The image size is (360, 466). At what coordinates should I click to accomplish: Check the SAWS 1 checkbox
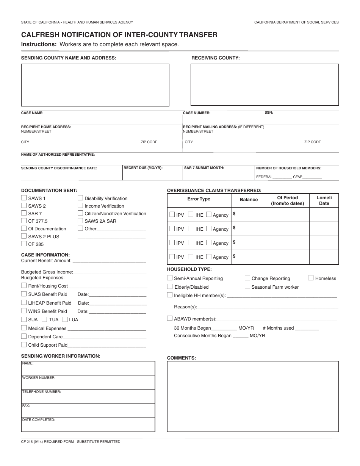click(x=24, y=198)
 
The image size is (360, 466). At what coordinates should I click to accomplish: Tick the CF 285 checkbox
click(x=24, y=244)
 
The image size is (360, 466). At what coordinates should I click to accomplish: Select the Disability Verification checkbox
click(x=80, y=198)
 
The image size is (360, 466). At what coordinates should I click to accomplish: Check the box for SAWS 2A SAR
click(x=80, y=220)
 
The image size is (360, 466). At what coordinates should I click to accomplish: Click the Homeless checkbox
click(x=311, y=278)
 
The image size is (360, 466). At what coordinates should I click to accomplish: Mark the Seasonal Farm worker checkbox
click(x=247, y=286)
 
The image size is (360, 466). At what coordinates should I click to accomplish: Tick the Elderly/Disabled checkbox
click(x=170, y=286)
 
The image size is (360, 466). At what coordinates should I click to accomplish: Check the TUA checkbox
click(x=44, y=319)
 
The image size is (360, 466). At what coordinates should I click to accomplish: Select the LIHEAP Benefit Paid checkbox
click(x=24, y=302)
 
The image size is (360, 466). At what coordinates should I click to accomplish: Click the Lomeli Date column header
click(x=324, y=200)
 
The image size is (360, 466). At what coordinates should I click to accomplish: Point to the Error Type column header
click(x=199, y=199)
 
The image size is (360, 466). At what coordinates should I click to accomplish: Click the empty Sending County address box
click(x=95, y=84)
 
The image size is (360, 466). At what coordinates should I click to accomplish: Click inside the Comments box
click(x=253, y=396)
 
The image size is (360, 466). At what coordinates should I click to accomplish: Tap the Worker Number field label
click(x=39, y=378)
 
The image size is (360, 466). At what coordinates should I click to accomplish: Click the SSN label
click(x=269, y=113)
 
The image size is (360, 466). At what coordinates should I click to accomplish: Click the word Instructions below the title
click(x=39, y=44)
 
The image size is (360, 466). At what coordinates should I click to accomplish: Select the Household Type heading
click(x=189, y=269)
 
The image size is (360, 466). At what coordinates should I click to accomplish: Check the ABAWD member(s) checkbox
click(x=170, y=319)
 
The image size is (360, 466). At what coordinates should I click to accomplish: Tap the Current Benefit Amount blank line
click(x=109, y=261)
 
